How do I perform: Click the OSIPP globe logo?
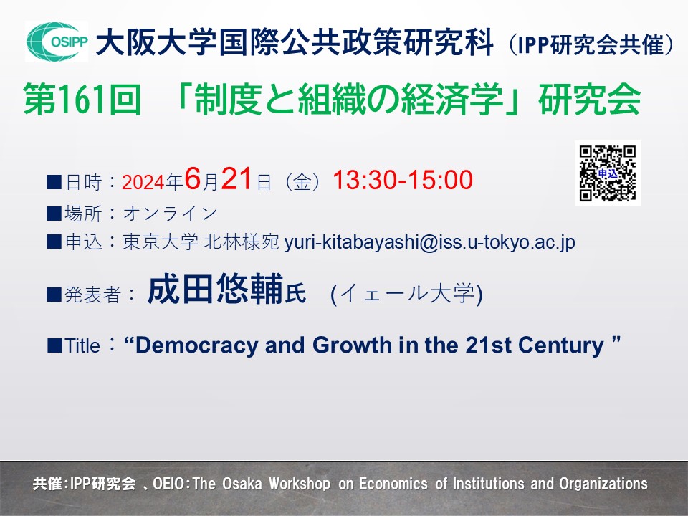coord(57,42)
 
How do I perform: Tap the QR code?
coord(608,173)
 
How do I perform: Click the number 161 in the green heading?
coord(82,100)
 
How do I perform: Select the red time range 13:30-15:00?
coord(403,180)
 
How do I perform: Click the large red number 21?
coord(236,179)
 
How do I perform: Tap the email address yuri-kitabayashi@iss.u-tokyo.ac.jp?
coord(430,242)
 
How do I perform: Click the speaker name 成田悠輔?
coord(216,289)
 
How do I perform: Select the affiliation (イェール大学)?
coord(407,294)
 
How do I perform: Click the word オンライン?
coord(171,214)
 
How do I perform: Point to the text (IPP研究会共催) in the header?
coord(590,44)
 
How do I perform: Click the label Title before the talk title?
coord(82,345)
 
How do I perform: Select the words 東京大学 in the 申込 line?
coord(160,242)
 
